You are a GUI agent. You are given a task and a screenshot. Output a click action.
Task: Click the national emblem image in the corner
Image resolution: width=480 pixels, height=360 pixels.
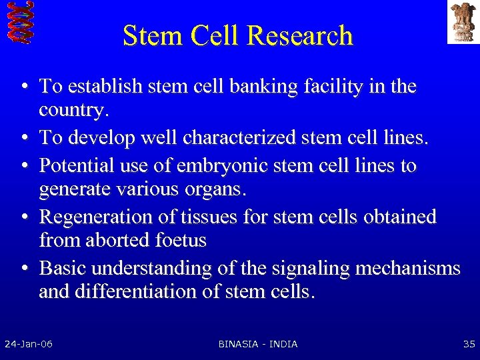[463, 22]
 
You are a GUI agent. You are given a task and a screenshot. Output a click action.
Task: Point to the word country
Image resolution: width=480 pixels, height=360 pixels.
[72, 110]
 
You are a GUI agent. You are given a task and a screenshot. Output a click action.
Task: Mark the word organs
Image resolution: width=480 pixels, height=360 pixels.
[213, 189]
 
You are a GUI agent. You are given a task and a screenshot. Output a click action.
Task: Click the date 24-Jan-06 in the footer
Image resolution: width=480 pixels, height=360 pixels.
[29, 344]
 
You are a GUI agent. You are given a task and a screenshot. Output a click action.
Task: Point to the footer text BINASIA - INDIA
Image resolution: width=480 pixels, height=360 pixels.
[258, 344]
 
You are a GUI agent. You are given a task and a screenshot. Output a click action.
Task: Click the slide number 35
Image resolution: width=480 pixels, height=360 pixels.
[469, 344]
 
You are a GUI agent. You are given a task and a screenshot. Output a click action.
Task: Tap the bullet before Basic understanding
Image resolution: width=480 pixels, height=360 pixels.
[24, 269]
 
